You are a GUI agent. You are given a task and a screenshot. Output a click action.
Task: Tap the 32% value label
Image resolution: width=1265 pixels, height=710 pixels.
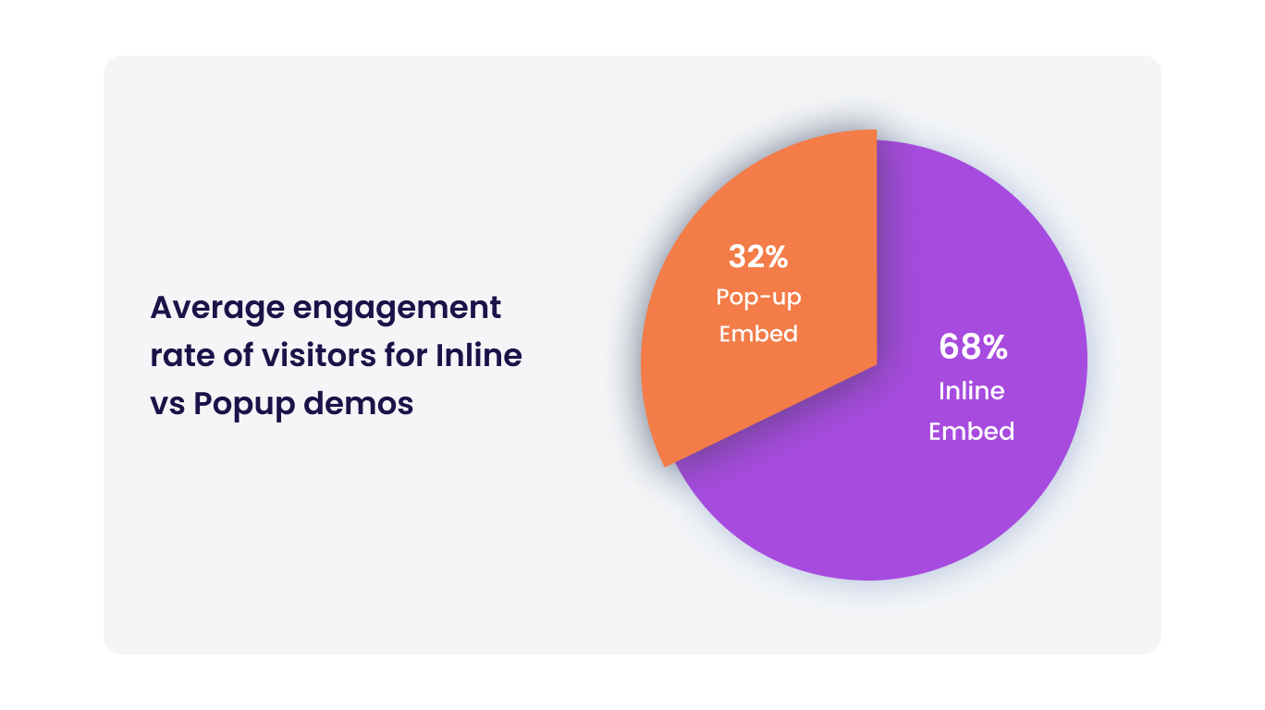(757, 257)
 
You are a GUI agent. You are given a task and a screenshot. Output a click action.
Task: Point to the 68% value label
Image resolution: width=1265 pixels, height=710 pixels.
(972, 348)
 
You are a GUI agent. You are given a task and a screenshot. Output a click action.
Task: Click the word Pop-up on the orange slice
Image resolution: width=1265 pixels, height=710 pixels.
(757, 298)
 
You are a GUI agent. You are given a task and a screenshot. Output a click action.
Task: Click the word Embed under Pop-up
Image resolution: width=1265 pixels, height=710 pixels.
(758, 334)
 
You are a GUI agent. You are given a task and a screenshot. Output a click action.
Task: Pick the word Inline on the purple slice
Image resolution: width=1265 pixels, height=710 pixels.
(971, 391)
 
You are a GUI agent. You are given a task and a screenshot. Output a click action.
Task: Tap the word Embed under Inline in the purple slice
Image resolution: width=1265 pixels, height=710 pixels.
(971, 432)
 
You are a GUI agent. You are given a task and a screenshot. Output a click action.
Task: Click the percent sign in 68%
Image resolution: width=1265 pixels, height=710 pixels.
(992, 348)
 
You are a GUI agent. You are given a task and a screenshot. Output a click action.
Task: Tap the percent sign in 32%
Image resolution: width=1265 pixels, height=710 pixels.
(777, 257)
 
